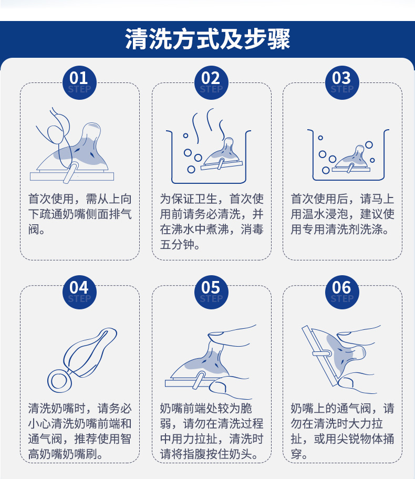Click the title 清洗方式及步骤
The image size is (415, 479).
pos(207,39)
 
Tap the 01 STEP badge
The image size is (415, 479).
pos(79,82)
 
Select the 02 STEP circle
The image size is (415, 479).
pos(211,82)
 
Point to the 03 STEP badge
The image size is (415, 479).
pos(341,82)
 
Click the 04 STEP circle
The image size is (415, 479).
pos(79,292)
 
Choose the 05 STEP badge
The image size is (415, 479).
pos(211,292)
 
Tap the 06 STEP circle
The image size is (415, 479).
pos(341,292)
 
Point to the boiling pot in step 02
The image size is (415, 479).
pos(209,157)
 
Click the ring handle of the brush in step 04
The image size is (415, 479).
pos(59,381)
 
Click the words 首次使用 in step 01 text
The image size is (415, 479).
pos(51,199)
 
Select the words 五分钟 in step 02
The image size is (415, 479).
pos(177,245)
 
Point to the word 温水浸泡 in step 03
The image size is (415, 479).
pos(325,214)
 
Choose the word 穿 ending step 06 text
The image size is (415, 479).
pos(296,454)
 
